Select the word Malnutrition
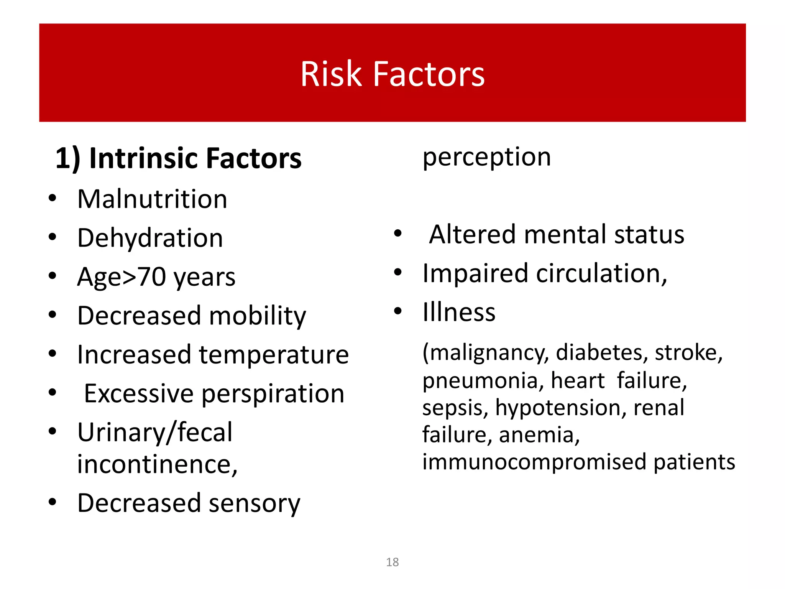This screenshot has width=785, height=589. pyautogui.click(x=152, y=199)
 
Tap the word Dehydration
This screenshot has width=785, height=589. pyautogui.click(x=150, y=238)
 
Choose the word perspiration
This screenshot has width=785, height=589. pyautogui.click(x=273, y=394)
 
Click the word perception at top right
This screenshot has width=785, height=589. pyautogui.click(x=486, y=158)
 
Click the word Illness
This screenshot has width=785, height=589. pyautogui.click(x=459, y=312)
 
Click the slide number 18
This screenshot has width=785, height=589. pyautogui.click(x=392, y=562)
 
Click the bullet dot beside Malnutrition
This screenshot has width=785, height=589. pyautogui.click(x=53, y=198)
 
